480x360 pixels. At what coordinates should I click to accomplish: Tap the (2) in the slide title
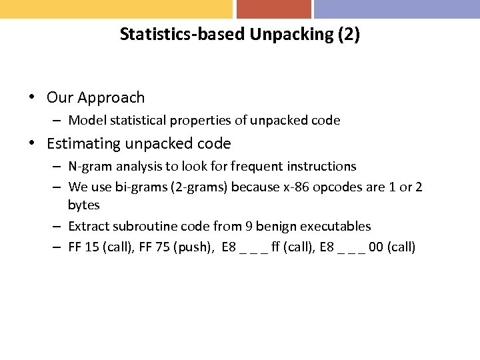[349, 35]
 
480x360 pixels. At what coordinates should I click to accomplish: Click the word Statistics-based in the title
[183, 35]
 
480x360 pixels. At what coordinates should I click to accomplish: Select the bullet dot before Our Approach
[32, 98]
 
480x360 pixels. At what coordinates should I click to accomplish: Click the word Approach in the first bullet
[111, 98]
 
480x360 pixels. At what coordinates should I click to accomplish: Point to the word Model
[85, 121]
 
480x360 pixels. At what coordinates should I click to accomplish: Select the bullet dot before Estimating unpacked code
[32, 144]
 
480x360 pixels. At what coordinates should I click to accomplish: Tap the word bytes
[83, 205]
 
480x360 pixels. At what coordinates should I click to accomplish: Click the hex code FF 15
[84, 247]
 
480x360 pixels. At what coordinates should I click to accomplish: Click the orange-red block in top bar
[273, 9]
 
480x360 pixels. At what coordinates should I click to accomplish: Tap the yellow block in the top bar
[116, 9]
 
